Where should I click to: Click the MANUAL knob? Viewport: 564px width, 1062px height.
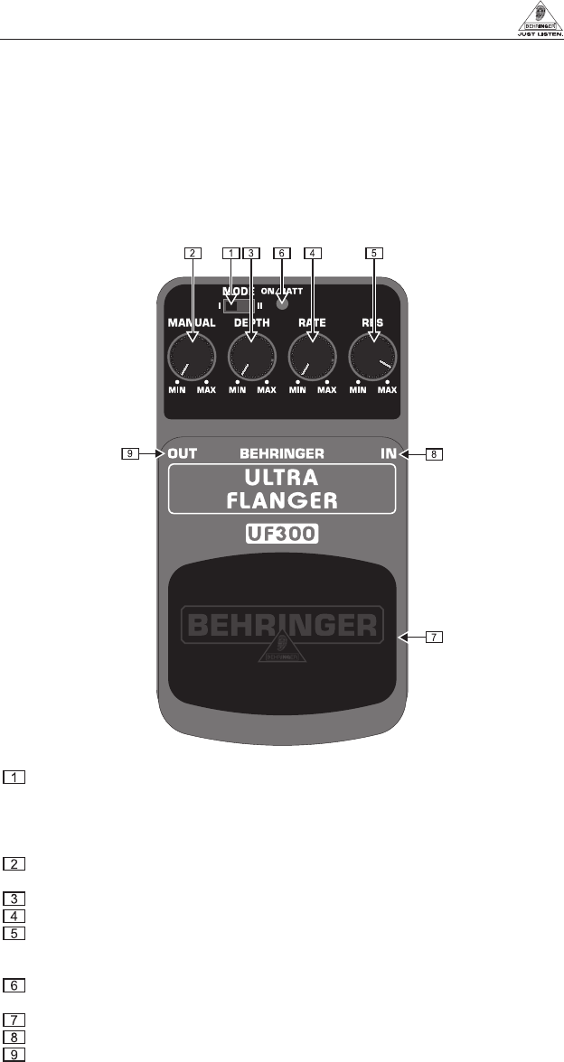click(191, 355)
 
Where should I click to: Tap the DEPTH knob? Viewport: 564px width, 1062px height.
click(251, 355)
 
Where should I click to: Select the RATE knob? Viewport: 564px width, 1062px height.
click(312, 355)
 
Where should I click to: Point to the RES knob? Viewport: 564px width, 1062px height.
click(372, 355)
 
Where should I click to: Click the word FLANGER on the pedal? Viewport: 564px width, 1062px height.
click(282, 499)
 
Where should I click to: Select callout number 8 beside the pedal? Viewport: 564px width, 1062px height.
click(435, 455)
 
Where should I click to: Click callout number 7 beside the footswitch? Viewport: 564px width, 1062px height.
click(435, 637)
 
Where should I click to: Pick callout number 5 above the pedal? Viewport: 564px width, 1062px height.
click(373, 253)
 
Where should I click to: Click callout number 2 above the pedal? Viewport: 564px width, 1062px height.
click(191, 253)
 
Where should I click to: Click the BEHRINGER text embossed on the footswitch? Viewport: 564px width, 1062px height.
click(283, 624)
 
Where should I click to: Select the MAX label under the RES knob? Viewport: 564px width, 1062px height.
click(387, 391)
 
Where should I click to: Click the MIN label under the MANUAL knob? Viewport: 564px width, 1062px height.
click(176, 391)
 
